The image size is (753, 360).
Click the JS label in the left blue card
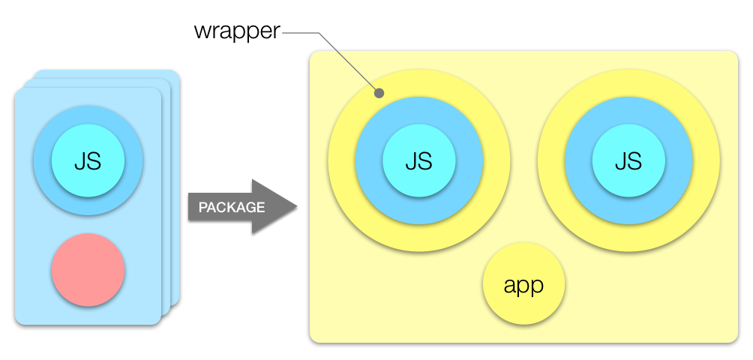pyautogui.click(x=88, y=160)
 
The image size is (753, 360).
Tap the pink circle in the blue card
pyautogui.click(x=88, y=270)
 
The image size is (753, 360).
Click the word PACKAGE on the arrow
pyautogui.click(x=231, y=207)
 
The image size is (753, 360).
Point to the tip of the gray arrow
pyautogui.click(x=296, y=206)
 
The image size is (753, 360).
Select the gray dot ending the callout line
pyautogui.click(x=379, y=94)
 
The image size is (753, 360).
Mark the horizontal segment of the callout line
pyautogui.click(x=300, y=33)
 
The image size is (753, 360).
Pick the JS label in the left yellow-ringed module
pyautogui.click(x=418, y=160)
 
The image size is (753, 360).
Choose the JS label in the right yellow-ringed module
pyautogui.click(x=628, y=160)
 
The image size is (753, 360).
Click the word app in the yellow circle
pyautogui.click(x=523, y=285)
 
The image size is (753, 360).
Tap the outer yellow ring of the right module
pyautogui.click(x=628, y=84)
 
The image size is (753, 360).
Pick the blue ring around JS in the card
pyautogui.click(x=42, y=160)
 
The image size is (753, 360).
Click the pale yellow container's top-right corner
pyautogui.click(x=734, y=55)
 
